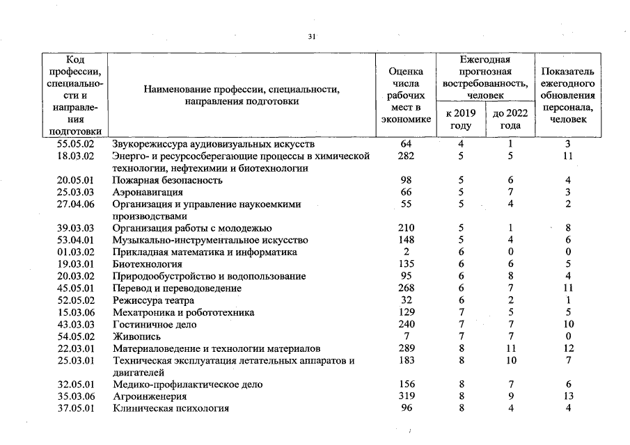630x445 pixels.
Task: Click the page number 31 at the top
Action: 311,38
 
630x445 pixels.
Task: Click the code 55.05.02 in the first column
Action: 76,144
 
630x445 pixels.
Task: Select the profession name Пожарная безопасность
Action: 168,180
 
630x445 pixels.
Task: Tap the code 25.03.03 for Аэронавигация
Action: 76,192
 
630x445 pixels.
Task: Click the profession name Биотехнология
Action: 148,264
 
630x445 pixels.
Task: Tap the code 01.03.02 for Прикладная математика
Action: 76,252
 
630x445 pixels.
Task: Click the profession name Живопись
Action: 137,336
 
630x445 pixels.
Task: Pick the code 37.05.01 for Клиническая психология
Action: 76,408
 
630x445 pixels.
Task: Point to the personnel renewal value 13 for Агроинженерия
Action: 568,396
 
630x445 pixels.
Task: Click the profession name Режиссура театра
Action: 153,300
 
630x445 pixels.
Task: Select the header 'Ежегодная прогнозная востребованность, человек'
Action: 485,76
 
